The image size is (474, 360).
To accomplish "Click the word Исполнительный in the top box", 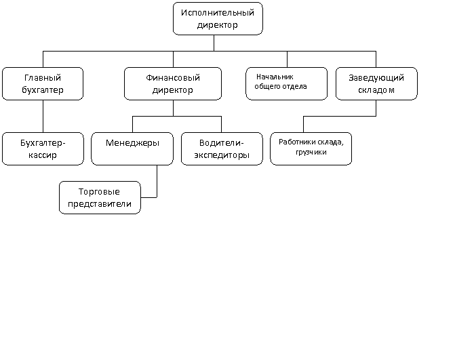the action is pos(218,13).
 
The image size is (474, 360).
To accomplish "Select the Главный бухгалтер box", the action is pos(43,83).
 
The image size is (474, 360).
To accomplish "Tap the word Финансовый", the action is pos(173,78).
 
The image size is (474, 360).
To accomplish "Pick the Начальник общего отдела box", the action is pos(287,83).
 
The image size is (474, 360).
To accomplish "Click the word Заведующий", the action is pos(376,78).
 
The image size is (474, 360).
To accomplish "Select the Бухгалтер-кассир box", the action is pos(43,148).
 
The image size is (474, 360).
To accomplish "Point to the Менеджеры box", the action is pos(132,148).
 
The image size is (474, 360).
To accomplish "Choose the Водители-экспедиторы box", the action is pos(222,148).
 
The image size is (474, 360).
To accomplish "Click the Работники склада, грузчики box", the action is pos(311,148).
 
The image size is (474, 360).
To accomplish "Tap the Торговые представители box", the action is pos(100,198).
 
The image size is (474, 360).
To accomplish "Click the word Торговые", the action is pos(99,192).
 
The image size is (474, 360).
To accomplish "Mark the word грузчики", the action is pos(311,152).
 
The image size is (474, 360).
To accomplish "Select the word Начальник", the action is pos(275,77).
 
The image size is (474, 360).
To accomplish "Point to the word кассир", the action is pos(43,155).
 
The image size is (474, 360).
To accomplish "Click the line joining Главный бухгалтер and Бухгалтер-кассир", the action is pos(43,117).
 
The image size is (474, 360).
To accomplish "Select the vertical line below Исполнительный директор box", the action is pos(214,43).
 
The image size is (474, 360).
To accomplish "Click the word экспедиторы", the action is pos(222,155).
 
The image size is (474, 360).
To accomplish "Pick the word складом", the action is pos(376,90).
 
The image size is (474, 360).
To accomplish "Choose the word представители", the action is pos(100,204).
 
